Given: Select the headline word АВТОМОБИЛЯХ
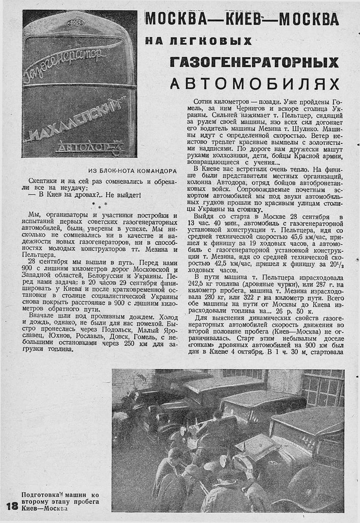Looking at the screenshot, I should coord(255,83).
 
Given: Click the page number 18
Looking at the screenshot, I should coord(11,506).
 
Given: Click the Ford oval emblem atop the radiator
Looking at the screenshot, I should coord(75,23).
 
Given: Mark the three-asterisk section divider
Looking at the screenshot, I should coord(100,205).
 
